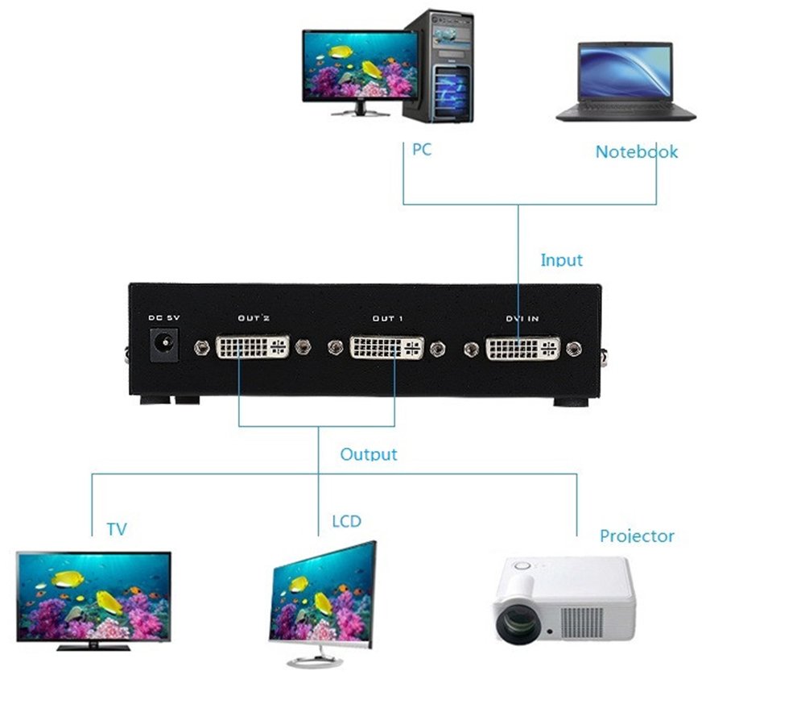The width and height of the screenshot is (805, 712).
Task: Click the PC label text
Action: coord(422,150)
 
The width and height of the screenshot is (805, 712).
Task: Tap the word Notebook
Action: coord(636,151)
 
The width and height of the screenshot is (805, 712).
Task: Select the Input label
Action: coord(561,260)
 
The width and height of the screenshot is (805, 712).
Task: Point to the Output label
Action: coord(369,454)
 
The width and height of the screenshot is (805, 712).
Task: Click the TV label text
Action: coord(117,529)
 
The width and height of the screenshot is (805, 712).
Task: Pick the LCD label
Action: coord(347,521)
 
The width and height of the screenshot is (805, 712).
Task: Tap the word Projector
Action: coord(637,536)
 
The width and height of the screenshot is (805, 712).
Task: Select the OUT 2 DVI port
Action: coord(253,348)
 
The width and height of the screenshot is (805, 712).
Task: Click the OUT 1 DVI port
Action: coord(386,348)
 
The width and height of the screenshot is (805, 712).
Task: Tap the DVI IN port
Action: coord(522,348)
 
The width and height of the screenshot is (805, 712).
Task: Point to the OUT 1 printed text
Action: coord(387,319)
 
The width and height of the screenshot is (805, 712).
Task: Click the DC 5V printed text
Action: coord(164,317)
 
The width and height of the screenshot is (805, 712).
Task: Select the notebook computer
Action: coord(625,81)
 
